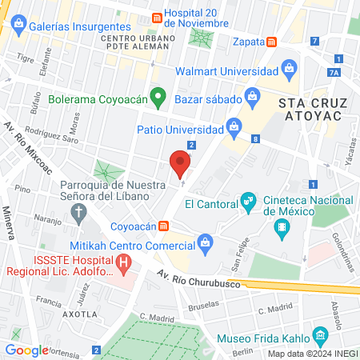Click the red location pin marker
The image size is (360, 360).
coord(181,164)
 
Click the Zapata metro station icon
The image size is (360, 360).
coord(271,42)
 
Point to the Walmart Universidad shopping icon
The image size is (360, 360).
coord(286,68)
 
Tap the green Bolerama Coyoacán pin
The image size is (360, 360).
coord(158,98)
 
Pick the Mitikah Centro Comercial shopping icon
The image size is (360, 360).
coord(205,241)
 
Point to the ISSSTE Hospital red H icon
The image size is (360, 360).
coord(123,262)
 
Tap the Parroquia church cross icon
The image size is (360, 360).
coord(78,212)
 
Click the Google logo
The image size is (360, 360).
coord(26,350)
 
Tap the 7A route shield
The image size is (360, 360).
coord(334,73)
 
